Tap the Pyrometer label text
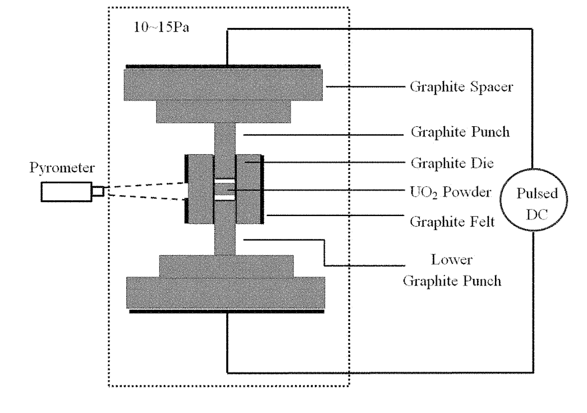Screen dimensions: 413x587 click(x=58, y=169)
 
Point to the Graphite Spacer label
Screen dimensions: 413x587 click(x=461, y=88)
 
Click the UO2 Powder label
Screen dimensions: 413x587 click(x=452, y=192)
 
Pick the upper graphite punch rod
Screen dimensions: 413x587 click(x=225, y=143)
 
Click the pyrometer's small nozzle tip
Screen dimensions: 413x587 click(x=98, y=191)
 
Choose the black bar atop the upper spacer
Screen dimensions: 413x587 click(x=225, y=67)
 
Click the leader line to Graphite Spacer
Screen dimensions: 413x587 click(x=365, y=88)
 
